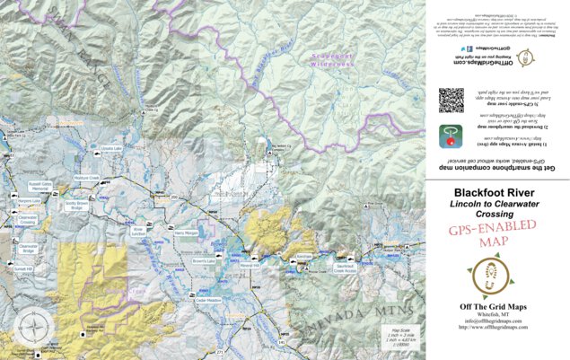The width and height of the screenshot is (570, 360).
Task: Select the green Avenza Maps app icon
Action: pos(451,136)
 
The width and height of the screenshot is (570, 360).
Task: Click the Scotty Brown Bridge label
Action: pos(76,206)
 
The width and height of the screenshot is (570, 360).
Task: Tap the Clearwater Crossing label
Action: pos(28,219)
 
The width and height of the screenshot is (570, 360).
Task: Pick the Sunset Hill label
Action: pos(22,268)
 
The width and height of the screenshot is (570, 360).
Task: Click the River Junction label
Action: pos(138,231)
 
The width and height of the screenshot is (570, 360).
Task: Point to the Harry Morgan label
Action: pos(187,233)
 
